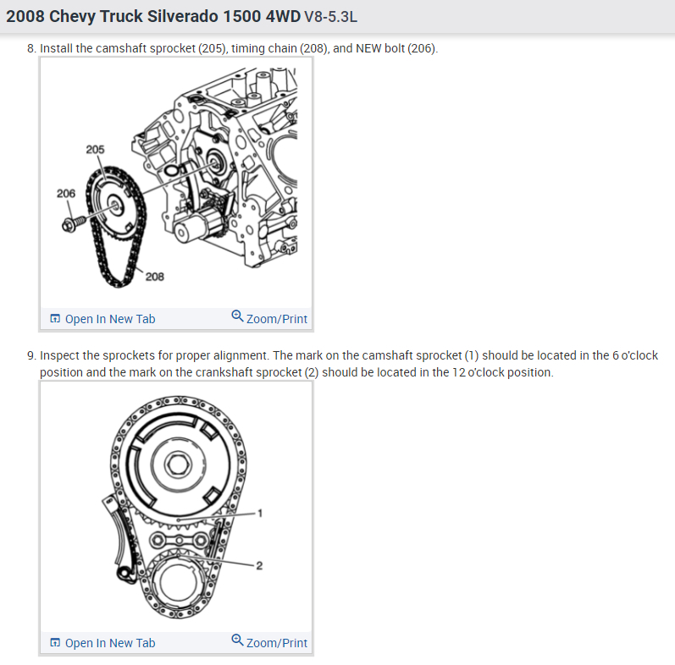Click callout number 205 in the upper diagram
coord(95,149)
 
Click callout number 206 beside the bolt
coord(66,194)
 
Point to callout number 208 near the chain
coord(155,277)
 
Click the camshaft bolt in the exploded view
coord(74,223)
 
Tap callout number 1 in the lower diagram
coord(260,513)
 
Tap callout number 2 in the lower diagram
coord(259,565)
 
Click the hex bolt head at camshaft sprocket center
coord(178,464)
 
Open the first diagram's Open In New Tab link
coord(102,319)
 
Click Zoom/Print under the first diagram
coord(269,318)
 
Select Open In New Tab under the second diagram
coord(102,643)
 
